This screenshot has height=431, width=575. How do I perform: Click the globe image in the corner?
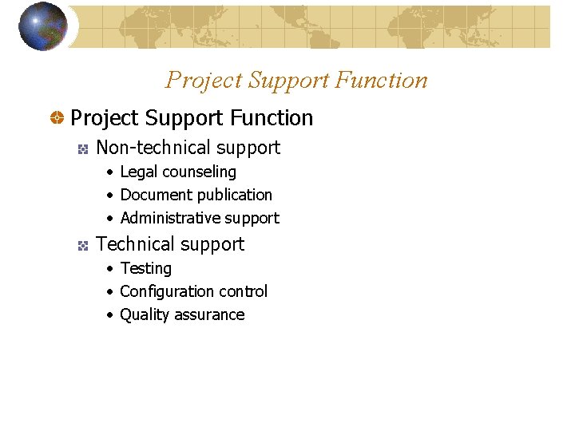click(43, 26)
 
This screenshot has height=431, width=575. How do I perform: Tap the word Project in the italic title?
click(204, 81)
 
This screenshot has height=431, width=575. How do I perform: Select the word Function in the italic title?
click(382, 81)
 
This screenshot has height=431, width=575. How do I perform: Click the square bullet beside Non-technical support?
click(81, 148)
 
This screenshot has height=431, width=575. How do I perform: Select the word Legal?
click(138, 172)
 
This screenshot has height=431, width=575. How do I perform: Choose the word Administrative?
click(170, 218)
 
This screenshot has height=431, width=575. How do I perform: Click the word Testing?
click(145, 269)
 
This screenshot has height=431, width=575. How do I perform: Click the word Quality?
click(144, 315)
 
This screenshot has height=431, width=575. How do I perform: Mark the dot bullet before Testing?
click(109, 269)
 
